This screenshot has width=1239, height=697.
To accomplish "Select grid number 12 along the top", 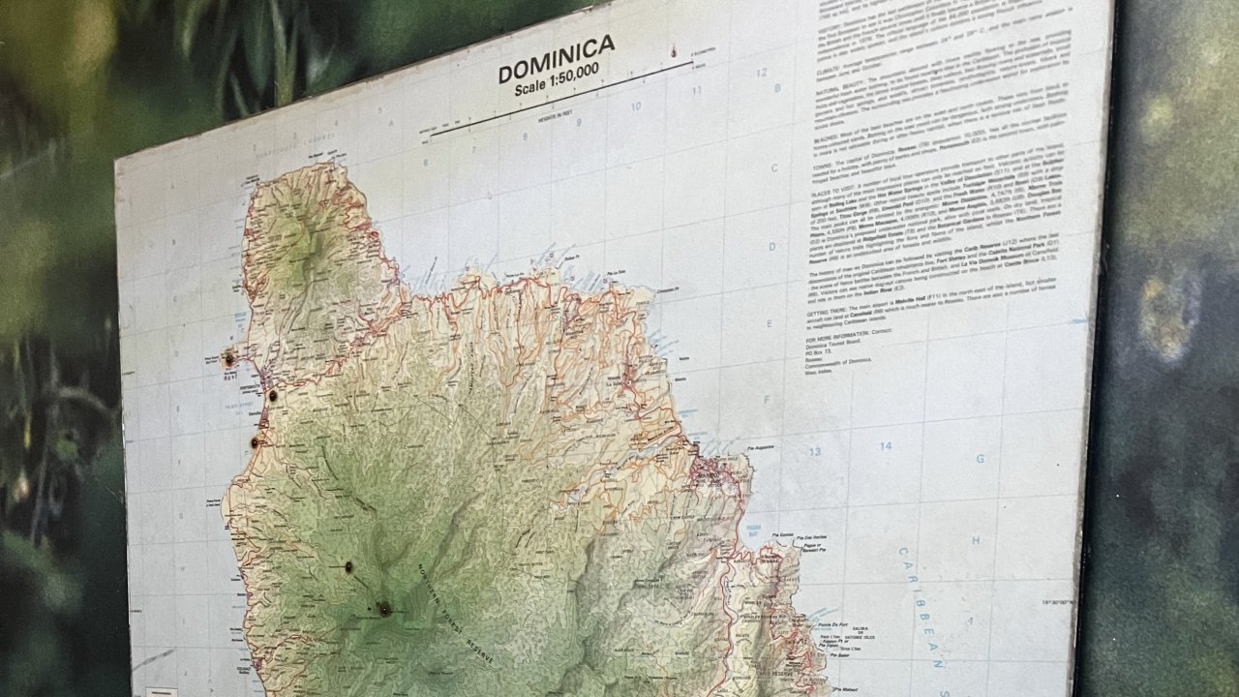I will [x=762, y=73].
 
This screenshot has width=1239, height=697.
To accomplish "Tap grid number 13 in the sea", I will [x=815, y=451].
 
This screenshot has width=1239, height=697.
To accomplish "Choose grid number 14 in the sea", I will [x=885, y=445].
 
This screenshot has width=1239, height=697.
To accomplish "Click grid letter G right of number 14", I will [x=980, y=458].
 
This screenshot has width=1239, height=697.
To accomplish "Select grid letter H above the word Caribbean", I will [x=976, y=539].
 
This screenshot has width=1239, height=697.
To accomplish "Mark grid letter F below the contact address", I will [x=766, y=398].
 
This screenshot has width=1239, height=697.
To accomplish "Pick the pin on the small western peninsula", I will [x=229, y=359].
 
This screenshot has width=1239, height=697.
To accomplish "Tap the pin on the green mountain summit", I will [x=384, y=608].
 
